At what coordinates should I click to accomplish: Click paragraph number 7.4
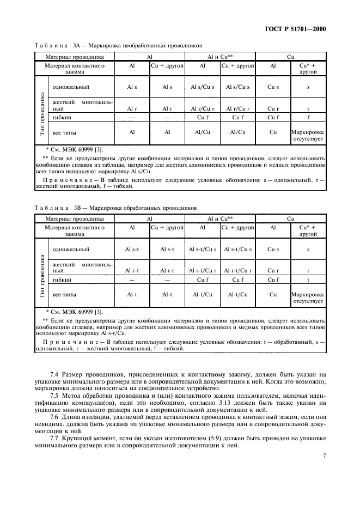(55, 375)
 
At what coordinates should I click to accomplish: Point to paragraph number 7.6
(55, 416)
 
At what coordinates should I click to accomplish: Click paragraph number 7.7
(55, 437)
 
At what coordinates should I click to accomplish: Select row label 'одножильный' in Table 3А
(71, 87)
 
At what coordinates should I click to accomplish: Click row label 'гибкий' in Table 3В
(63, 280)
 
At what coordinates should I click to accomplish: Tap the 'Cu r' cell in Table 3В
(273, 270)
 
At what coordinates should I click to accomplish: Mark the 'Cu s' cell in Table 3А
(273, 87)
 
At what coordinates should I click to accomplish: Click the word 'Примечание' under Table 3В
(66, 342)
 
